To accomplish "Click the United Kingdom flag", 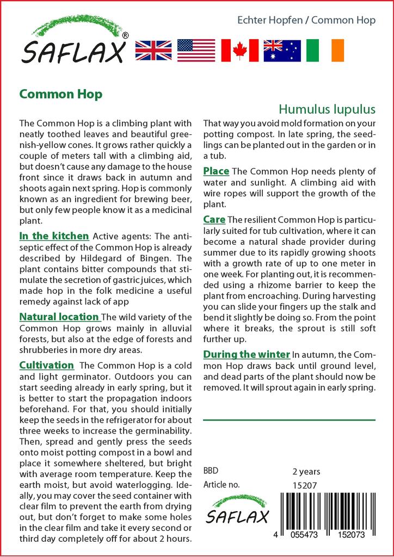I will pos(153,50).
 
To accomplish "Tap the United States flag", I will pos(196,50).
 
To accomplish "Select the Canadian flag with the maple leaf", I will pos(239,50).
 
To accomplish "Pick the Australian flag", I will pos(282,50).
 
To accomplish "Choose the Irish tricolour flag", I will pos(325,50).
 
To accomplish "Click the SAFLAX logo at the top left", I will pos(74,44).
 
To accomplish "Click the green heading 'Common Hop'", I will pos(60,94).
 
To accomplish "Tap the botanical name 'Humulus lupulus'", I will pos(327,109).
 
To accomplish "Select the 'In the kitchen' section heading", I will pos(54,236).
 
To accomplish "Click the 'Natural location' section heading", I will pos(59,317).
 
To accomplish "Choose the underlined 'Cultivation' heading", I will pos(46,365).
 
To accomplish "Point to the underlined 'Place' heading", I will pos(216,171).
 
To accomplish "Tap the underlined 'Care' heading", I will pos(214,220).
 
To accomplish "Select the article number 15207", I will pos(305,485).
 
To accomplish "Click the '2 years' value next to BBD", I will pos(306,472).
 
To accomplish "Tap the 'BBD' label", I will pos(211,471).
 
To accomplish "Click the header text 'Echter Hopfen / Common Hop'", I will pos(306,21).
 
